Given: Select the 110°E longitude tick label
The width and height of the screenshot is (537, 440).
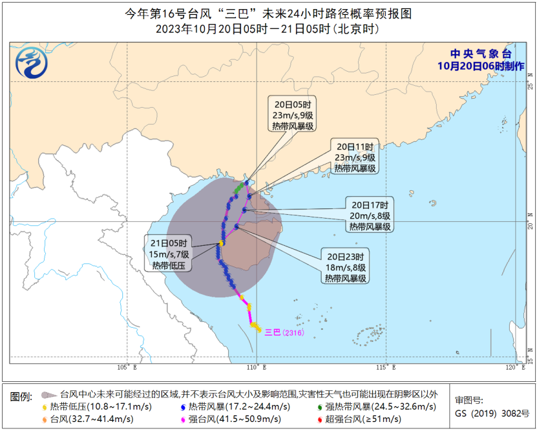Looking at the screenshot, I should [257, 367].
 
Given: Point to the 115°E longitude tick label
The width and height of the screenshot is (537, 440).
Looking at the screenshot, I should [385, 367].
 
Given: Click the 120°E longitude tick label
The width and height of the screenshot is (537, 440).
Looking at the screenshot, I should [514, 367].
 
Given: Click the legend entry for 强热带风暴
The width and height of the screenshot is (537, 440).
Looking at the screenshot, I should [375, 406].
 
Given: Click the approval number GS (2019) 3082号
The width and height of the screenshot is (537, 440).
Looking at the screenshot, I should [492, 414].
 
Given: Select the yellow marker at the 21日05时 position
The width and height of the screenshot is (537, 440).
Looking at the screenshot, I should [222, 243].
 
